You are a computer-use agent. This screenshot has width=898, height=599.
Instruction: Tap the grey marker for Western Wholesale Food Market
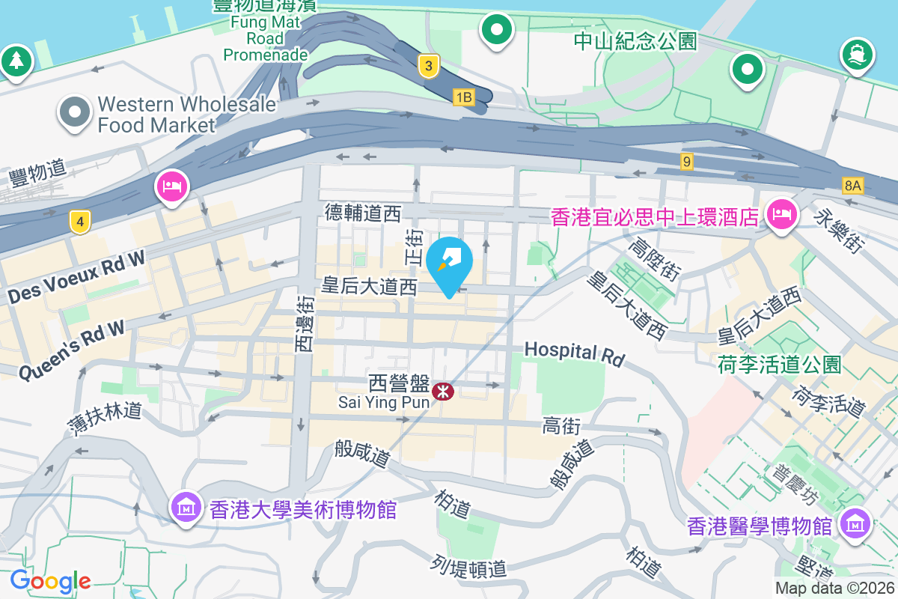click(x=74, y=113)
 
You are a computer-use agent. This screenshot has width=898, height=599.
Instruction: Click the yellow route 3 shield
click(x=427, y=66)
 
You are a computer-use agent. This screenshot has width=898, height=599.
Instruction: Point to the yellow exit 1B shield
click(x=464, y=97)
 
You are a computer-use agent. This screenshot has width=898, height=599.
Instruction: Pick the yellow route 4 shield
click(x=80, y=221)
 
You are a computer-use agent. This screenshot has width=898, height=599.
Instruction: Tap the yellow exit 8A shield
click(x=852, y=185)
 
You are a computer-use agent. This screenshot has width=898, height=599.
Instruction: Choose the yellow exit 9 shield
click(x=687, y=160)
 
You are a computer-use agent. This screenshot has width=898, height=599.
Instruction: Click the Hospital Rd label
click(x=574, y=353)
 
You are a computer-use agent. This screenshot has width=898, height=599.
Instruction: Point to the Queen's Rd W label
click(x=71, y=350)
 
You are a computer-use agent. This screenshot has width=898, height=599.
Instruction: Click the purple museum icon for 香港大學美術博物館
click(x=185, y=508)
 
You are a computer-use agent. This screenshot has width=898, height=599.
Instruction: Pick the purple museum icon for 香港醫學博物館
click(x=855, y=523)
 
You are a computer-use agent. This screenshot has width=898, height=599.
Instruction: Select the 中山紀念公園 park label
click(x=635, y=40)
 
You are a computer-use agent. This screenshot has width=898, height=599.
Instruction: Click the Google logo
click(x=50, y=580)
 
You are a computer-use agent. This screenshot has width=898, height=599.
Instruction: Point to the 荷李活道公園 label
click(x=779, y=365)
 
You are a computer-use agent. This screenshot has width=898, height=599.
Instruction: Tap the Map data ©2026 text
click(x=834, y=589)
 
